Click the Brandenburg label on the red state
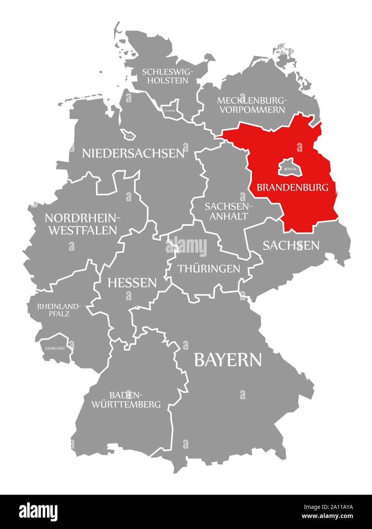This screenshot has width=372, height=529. (x=292, y=187)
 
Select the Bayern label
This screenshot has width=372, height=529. (x=228, y=359)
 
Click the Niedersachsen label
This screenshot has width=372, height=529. (x=133, y=153)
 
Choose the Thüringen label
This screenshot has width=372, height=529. (x=209, y=268)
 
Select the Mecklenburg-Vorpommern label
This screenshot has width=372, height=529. (x=251, y=105)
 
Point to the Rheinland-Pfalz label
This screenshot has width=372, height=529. (x=59, y=310)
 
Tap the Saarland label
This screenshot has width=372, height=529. (x=55, y=348)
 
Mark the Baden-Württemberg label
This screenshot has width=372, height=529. (x=126, y=399)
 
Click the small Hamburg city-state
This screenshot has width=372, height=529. (x=170, y=108)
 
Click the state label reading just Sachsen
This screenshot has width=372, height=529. (x=291, y=245)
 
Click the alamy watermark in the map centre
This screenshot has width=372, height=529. (x=186, y=247)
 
